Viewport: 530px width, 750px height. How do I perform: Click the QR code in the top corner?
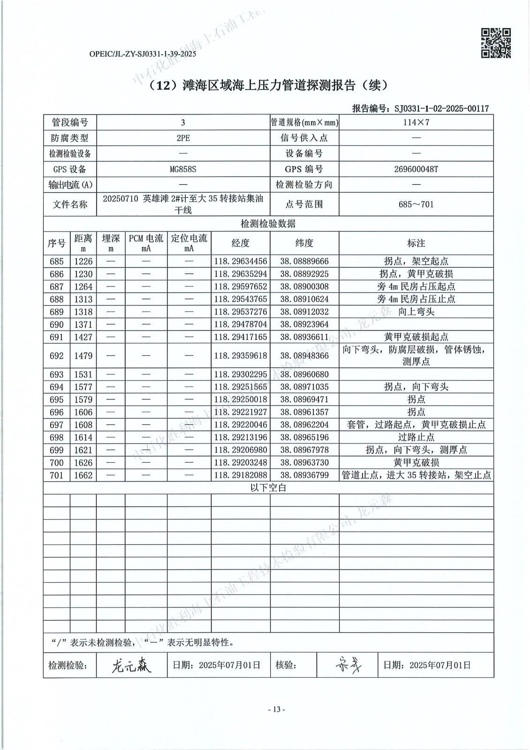(496, 43)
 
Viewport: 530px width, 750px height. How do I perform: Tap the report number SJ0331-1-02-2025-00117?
(441, 109)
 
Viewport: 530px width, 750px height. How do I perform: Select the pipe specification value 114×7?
(416, 123)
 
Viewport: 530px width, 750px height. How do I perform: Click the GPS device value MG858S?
(183, 169)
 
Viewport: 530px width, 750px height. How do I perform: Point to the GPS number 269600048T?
(416, 169)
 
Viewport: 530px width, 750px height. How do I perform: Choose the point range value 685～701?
(416, 204)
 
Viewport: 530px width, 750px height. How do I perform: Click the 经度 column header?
(241, 243)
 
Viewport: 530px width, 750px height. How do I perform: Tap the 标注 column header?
(416, 243)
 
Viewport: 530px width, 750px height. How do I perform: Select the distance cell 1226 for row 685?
(83, 262)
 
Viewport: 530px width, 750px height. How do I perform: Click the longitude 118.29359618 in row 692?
(241, 356)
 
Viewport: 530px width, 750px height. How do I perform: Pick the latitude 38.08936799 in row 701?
(304, 475)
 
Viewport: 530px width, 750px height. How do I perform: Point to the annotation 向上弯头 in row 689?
(416, 312)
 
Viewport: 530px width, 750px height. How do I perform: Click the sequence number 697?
(56, 425)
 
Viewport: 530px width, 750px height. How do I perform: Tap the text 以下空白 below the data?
(268, 488)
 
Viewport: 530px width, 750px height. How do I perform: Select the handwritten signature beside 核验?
(348, 665)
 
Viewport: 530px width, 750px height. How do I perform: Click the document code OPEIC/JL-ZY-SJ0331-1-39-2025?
(143, 54)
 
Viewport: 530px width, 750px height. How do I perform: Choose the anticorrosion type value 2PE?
(183, 138)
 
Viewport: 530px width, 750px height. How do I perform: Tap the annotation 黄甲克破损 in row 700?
(416, 463)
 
